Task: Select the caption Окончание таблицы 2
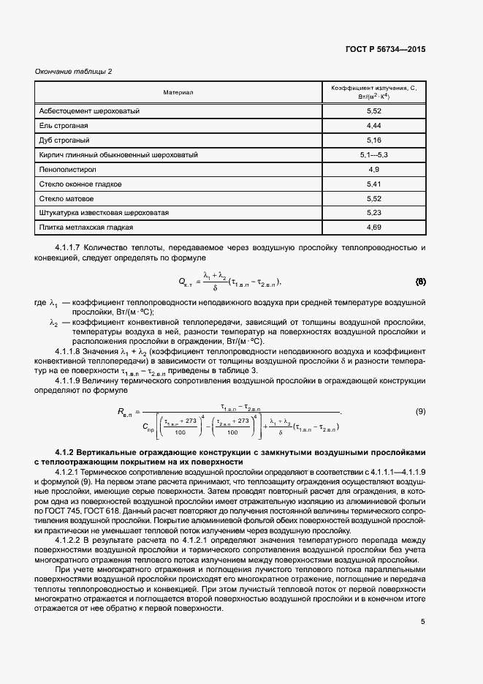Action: (x=74, y=71)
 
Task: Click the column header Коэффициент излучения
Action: (x=373, y=92)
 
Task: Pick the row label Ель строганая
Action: (x=64, y=126)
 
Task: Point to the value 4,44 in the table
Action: (x=373, y=126)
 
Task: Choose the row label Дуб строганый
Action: (x=64, y=140)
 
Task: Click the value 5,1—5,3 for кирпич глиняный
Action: (x=373, y=155)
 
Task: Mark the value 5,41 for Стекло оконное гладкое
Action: (x=373, y=184)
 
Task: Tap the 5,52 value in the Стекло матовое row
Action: (x=373, y=198)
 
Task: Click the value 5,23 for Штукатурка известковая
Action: (x=373, y=213)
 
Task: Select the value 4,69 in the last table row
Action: (x=373, y=228)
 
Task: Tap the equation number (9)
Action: (x=420, y=412)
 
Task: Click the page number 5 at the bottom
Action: (x=422, y=623)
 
